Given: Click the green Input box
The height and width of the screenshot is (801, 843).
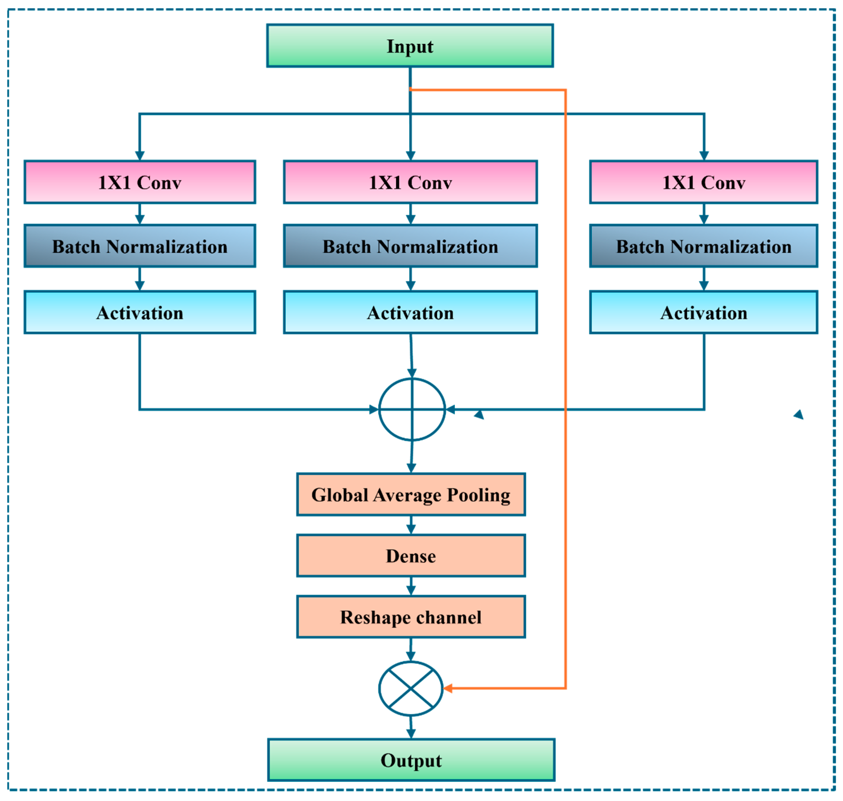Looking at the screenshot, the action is click(x=410, y=46).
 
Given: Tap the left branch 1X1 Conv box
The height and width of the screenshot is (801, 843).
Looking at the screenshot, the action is click(x=139, y=182).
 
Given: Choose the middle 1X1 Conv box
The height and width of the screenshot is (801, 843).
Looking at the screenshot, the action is click(x=410, y=182).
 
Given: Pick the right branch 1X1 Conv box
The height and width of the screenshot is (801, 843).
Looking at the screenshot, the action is click(x=704, y=182).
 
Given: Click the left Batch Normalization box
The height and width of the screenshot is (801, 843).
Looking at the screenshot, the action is click(x=139, y=246).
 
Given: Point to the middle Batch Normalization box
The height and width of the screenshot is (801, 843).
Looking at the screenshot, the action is click(x=410, y=246).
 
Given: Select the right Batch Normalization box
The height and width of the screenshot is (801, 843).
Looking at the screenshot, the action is click(x=704, y=246).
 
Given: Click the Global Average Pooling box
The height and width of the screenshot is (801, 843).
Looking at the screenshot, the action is click(x=411, y=495).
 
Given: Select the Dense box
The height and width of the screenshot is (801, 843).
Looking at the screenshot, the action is click(x=411, y=556).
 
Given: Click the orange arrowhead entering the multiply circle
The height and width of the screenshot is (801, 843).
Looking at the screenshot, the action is click(x=448, y=688).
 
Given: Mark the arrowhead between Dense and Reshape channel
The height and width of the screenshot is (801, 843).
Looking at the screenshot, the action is click(x=411, y=591).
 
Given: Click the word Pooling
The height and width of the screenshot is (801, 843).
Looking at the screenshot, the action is click(x=479, y=496).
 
